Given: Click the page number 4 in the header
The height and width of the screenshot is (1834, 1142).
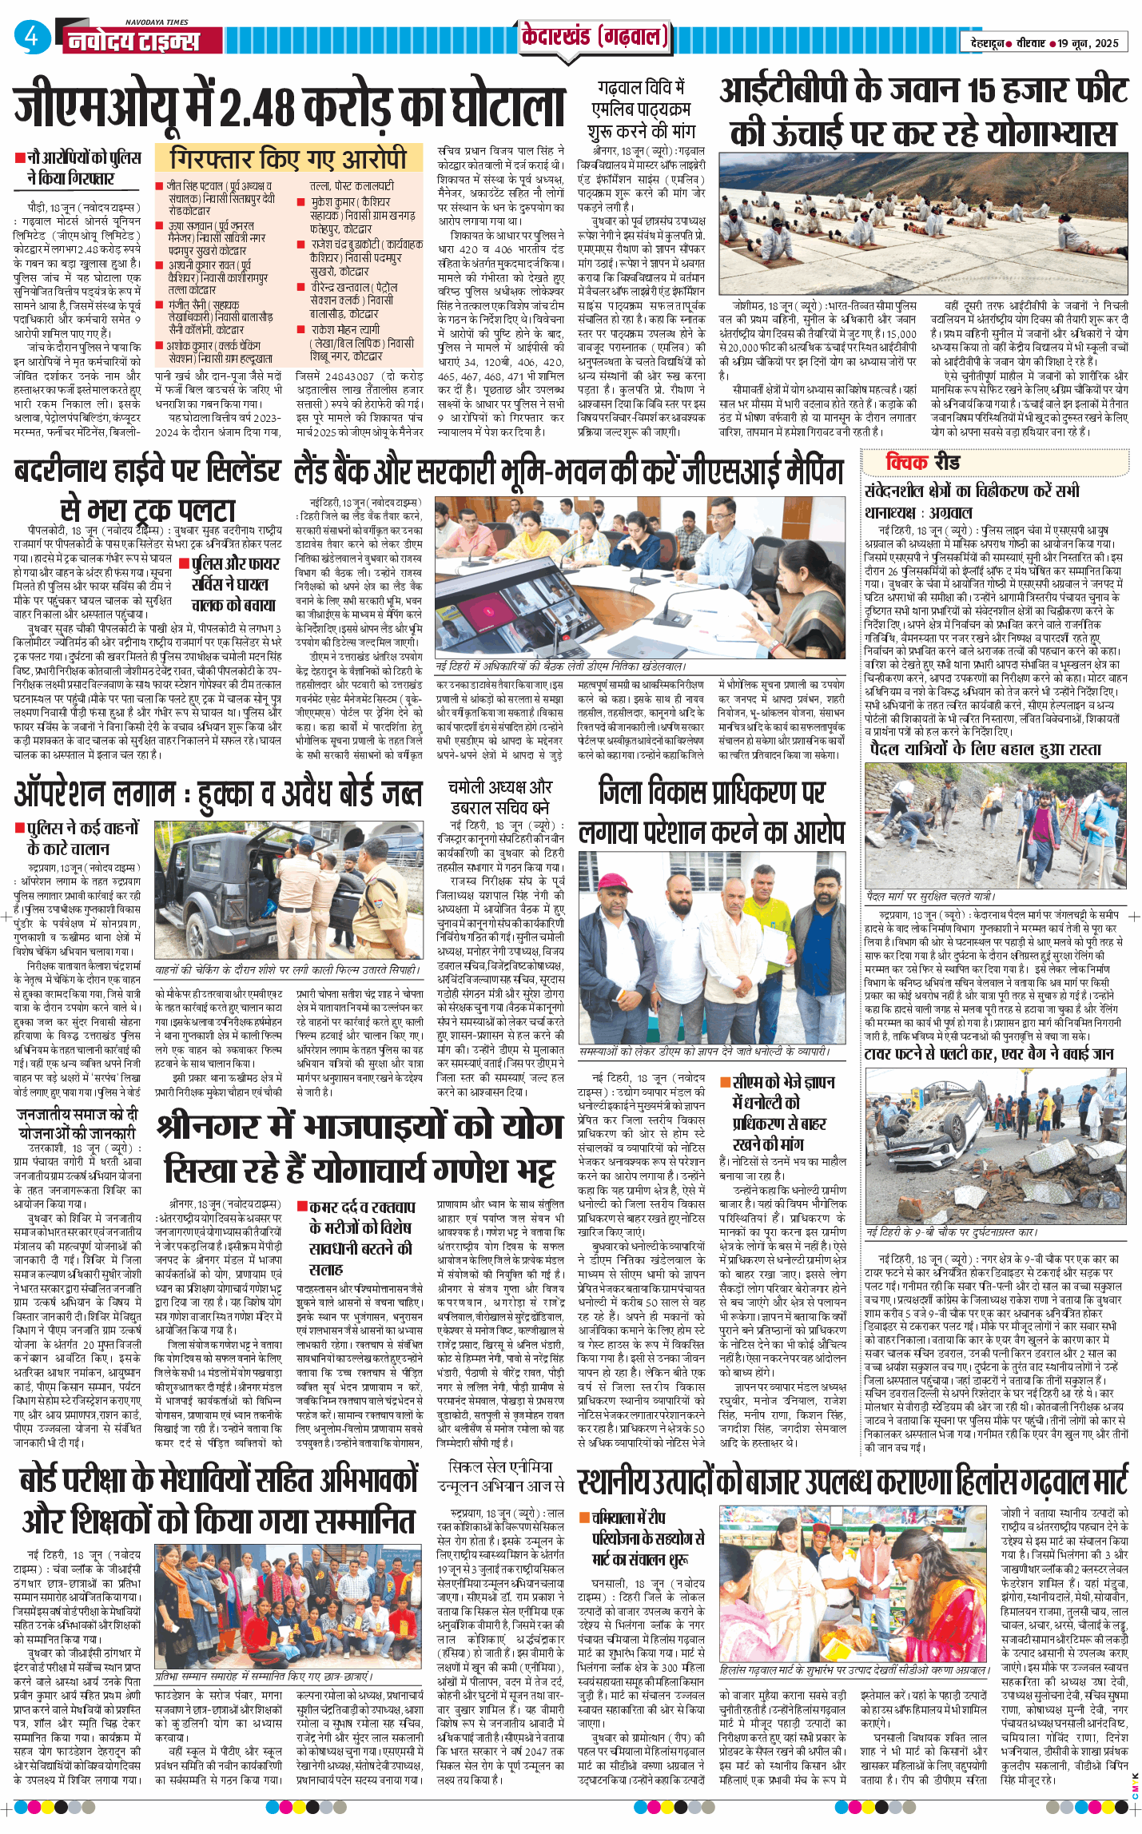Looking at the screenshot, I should click(31, 37).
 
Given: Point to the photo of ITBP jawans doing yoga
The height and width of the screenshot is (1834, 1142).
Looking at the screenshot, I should click(924, 225).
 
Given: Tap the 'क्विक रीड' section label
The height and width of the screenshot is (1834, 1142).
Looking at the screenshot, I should click(922, 462).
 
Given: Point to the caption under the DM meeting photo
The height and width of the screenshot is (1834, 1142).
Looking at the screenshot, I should click(560, 666).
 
